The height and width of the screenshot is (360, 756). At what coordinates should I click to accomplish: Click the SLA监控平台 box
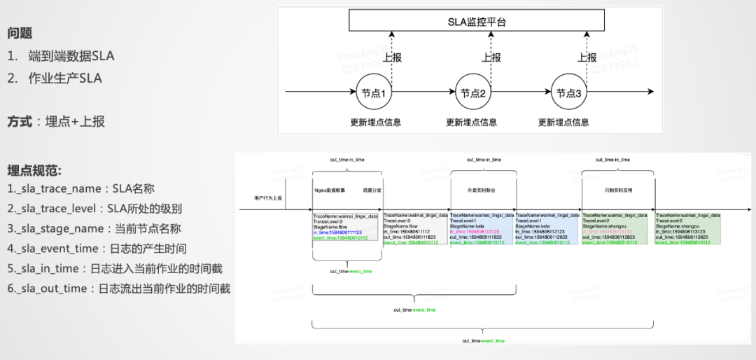pos(477,22)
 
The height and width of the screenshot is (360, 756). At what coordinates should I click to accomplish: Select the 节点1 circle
pos(373,93)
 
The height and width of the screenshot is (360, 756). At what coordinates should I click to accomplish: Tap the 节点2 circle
pos(473,93)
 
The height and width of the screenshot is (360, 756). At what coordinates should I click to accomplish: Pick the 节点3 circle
pos(568,93)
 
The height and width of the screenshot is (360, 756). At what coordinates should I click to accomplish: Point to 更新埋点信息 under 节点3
pos(563,123)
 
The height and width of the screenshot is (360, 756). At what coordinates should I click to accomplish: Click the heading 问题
pos(20,33)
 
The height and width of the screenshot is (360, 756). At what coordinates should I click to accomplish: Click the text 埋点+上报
pos(75,121)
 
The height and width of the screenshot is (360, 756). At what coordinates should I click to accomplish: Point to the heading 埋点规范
pos(34,171)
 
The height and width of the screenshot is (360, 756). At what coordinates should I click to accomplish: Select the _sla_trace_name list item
pos(81,188)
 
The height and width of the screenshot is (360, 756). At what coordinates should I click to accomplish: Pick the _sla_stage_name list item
pos(94,228)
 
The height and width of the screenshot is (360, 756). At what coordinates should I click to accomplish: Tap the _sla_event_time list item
pos(97,249)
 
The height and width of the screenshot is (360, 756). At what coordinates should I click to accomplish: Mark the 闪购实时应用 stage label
pos(618,190)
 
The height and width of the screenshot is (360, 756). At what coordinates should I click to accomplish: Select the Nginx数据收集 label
pos(329,190)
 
